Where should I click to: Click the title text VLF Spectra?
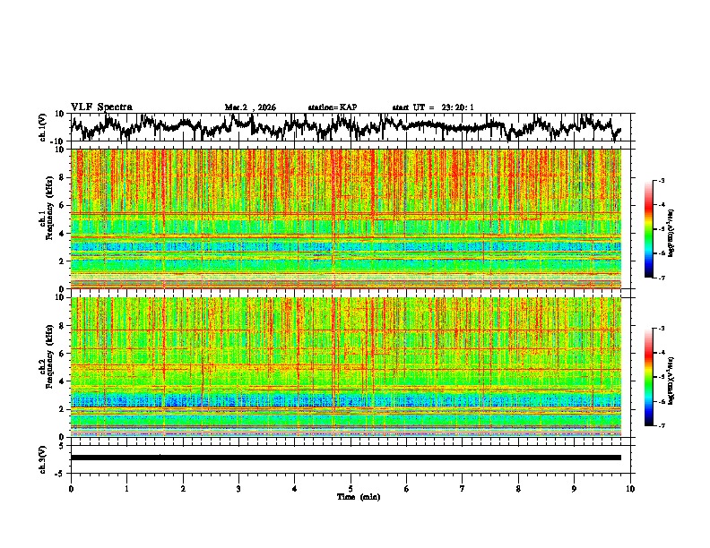[101, 107]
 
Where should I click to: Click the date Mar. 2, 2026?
[250, 107]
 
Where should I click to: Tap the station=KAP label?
[332, 107]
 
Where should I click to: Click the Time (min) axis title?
[351, 497]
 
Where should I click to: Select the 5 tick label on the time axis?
[351, 489]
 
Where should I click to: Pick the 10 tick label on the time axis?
[631, 489]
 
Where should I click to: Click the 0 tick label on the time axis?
[71, 489]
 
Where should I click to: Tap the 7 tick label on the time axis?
[463, 489]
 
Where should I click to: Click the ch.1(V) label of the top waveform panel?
[44, 127]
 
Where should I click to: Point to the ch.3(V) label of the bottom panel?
[44, 457]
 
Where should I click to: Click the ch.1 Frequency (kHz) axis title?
[47, 218]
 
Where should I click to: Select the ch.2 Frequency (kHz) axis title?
[47, 366]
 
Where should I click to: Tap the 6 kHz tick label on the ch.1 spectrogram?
[61, 205]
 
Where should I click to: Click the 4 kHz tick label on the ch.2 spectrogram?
[61, 381]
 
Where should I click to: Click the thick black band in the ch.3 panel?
[345, 458]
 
